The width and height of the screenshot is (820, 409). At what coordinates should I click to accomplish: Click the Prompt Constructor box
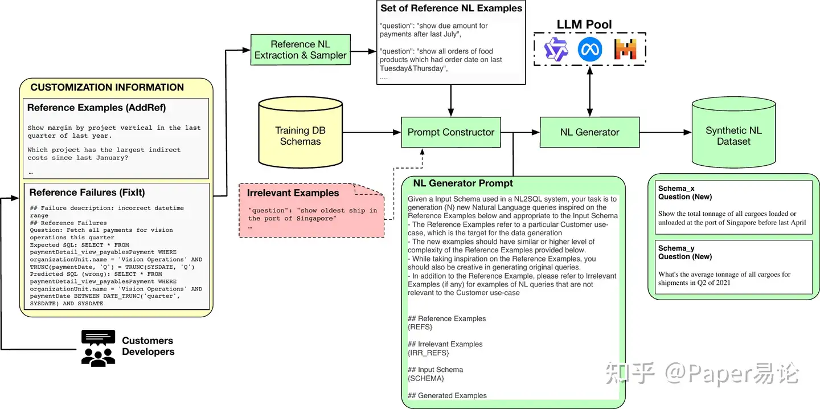coord(451,132)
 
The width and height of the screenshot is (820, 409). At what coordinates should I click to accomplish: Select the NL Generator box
coord(589,132)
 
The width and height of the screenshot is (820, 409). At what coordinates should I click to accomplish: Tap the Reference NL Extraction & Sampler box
coord(300,50)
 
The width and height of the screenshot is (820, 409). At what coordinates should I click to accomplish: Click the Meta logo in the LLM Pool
coord(590,50)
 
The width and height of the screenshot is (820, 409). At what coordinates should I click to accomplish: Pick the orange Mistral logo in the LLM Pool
coord(625,50)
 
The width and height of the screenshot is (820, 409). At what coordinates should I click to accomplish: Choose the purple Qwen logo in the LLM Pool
coord(556,50)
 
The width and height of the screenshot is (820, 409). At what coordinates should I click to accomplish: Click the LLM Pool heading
coord(584,24)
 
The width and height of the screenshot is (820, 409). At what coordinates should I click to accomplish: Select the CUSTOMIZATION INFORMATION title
coord(107,87)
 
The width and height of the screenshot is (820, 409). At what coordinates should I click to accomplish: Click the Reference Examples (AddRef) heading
coord(96,108)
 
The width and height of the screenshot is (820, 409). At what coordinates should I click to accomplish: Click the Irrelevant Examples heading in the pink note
coord(293,193)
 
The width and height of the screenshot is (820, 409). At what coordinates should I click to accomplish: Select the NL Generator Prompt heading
coord(463,183)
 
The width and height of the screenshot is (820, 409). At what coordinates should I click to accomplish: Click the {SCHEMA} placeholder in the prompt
coord(426,378)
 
